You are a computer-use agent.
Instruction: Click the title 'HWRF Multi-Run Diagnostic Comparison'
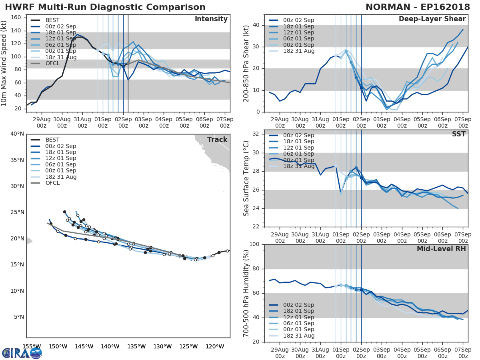tap(105, 8)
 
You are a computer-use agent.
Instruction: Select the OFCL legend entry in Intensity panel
tap(52, 64)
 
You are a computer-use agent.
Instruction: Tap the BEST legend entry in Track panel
tap(52, 140)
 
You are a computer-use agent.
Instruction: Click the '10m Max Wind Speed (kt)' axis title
tap(4, 63)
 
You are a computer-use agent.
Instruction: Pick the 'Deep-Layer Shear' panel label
tap(432, 19)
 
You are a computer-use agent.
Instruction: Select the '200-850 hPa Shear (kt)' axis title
tap(246, 63)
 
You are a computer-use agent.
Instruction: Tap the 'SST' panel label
tap(459, 134)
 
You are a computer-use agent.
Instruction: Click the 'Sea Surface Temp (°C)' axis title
tap(246, 178)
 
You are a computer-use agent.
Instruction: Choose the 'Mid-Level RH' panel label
tap(441, 249)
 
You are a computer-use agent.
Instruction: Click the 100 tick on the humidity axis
tap(255, 244)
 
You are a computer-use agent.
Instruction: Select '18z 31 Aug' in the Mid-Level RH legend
tap(298, 336)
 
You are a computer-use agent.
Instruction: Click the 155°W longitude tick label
tap(32, 346)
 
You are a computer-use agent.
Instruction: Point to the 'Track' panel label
tap(217, 140)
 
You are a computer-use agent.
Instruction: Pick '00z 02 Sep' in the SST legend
tap(298, 135)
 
